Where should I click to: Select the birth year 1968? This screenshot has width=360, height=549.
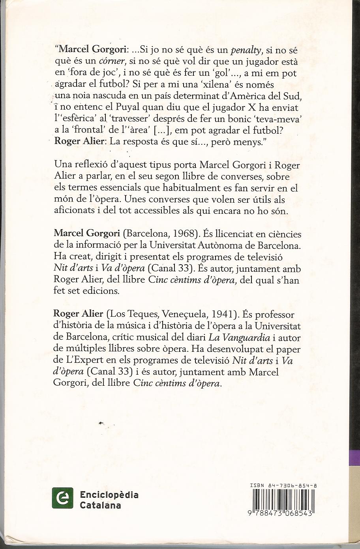[x=183, y=234]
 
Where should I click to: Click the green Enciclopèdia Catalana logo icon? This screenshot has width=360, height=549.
[x=63, y=498]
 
